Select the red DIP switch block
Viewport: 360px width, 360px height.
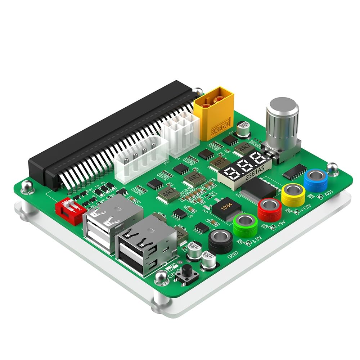pyautogui.click(x=70, y=212)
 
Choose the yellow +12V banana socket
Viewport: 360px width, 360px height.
pyautogui.click(x=293, y=194)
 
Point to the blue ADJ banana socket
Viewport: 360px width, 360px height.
pyautogui.click(x=315, y=180)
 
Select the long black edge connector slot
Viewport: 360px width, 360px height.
pyautogui.click(x=108, y=133)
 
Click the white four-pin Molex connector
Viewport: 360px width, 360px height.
pyautogui.click(x=141, y=158)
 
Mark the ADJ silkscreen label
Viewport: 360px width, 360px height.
pyautogui.click(x=328, y=193)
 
